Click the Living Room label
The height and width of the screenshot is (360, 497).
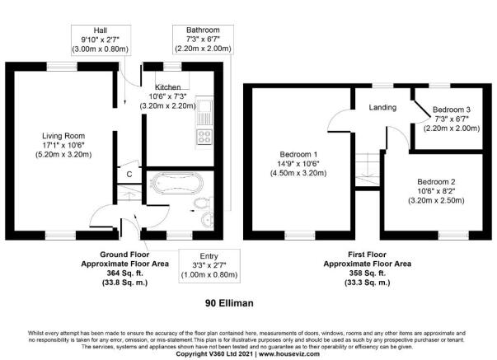pos(63,136)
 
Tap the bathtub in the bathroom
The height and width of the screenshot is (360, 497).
pos(177,183)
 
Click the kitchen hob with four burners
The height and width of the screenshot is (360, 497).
pos(204,137)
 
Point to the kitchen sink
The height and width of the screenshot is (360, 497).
pos(204,113)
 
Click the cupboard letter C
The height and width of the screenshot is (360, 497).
pos(129,175)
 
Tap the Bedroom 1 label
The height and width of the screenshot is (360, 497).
pos(298,154)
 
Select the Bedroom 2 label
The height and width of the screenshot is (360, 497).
pos(436,182)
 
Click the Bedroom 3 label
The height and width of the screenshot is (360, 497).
pos(452,110)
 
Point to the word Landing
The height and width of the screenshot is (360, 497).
pos(382,107)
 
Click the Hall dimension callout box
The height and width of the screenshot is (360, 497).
pos(101,40)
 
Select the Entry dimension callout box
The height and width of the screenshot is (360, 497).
pos(209,265)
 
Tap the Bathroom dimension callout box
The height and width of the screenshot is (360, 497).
pos(203,40)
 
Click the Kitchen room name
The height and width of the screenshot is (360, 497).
pos(167,87)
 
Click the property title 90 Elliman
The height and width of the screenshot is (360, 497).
pos(229,303)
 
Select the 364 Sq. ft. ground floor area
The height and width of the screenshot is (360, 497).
pos(125,274)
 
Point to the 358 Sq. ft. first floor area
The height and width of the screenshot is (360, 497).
pos(368,274)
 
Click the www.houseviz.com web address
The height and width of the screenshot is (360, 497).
pos(289,353)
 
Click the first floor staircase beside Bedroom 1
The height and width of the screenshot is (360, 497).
pos(367,170)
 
